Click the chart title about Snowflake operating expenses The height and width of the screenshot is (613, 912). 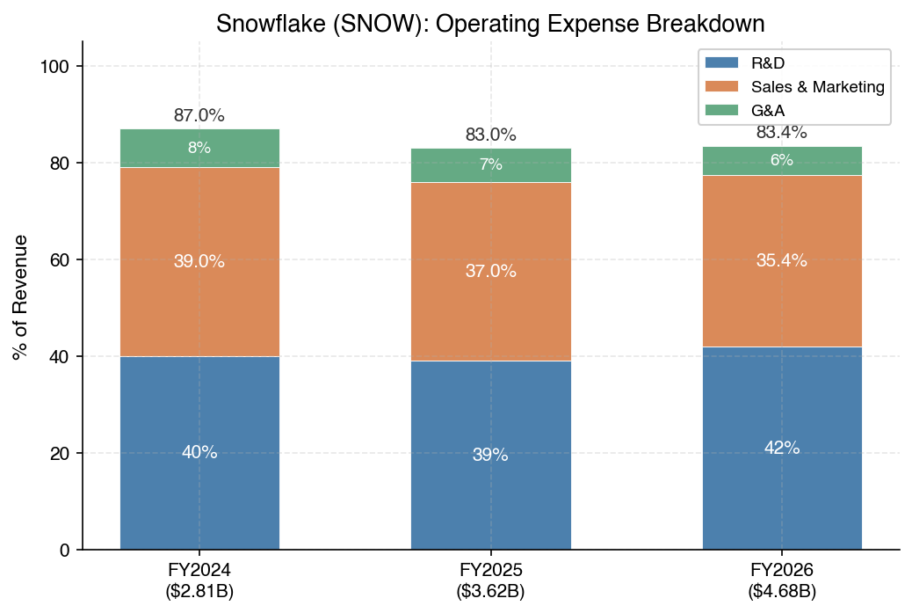point(490,24)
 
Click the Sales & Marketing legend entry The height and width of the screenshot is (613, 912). point(816,86)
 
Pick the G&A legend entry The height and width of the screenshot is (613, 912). point(767,110)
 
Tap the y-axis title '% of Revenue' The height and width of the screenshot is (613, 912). point(20,297)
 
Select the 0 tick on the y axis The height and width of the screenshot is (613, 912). point(63,551)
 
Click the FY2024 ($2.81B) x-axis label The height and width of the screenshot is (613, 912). point(199,580)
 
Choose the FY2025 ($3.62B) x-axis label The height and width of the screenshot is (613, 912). point(490,580)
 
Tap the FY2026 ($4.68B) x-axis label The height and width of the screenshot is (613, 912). point(782,580)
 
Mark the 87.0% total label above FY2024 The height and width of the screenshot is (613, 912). point(199,115)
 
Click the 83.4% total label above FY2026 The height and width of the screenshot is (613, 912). point(782,133)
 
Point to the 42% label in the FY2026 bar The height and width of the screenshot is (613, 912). point(782,448)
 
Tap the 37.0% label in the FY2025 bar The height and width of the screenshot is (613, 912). point(490,272)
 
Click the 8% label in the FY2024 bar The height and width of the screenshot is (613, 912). point(199,148)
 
